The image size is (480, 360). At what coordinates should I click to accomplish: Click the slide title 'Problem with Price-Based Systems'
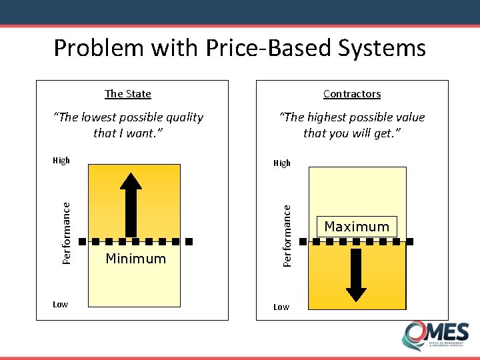click(239, 48)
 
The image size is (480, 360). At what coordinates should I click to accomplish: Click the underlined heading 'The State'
click(128, 94)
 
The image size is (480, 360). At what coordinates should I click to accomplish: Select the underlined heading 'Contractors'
click(352, 94)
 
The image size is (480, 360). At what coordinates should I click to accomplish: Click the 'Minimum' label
click(136, 259)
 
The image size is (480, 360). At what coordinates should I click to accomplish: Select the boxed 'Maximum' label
click(357, 227)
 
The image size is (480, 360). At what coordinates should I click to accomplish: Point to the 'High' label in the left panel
click(61, 160)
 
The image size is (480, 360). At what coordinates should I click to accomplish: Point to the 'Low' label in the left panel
click(60, 305)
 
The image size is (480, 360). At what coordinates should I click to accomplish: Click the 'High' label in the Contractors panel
click(282, 163)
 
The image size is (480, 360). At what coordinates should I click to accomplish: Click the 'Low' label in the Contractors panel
click(281, 307)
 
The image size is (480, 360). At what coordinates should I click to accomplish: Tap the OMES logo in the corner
click(435, 335)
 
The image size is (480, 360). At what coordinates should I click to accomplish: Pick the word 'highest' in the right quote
click(325, 117)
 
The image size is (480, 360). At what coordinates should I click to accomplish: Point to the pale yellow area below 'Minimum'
click(134, 287)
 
